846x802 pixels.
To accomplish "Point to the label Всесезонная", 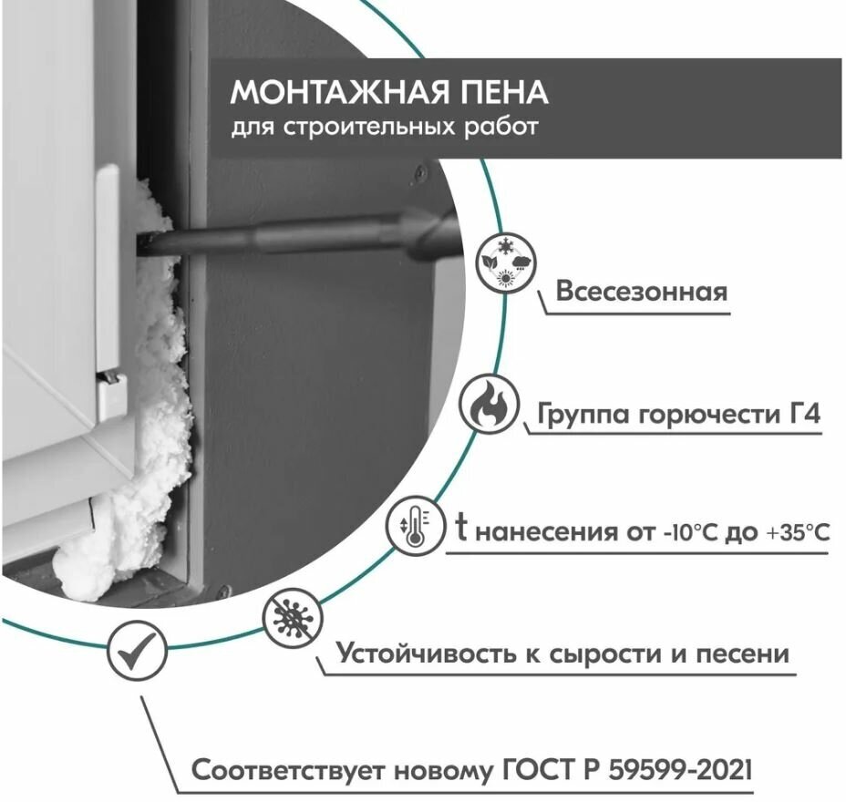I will click(642, 292).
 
